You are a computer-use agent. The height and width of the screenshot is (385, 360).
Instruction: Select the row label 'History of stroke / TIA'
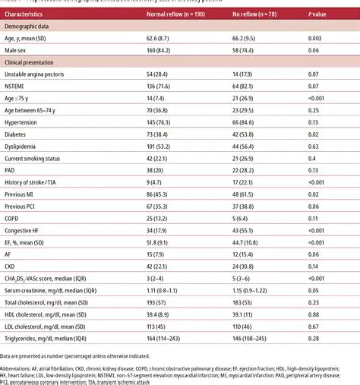tap(33, 182)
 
